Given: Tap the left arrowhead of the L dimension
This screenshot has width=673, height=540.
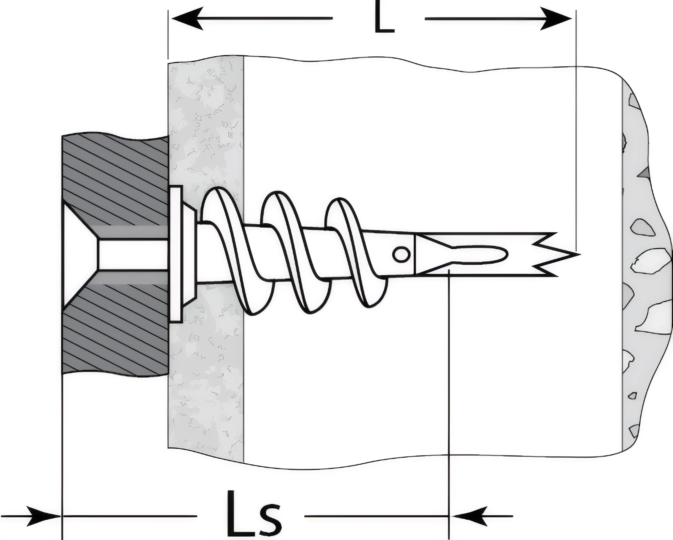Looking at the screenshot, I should [x=187, y=19].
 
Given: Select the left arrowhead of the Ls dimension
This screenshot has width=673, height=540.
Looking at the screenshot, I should [x=47, y=516].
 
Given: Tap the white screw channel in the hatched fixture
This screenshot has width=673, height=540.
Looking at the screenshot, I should [x=131, y=254].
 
